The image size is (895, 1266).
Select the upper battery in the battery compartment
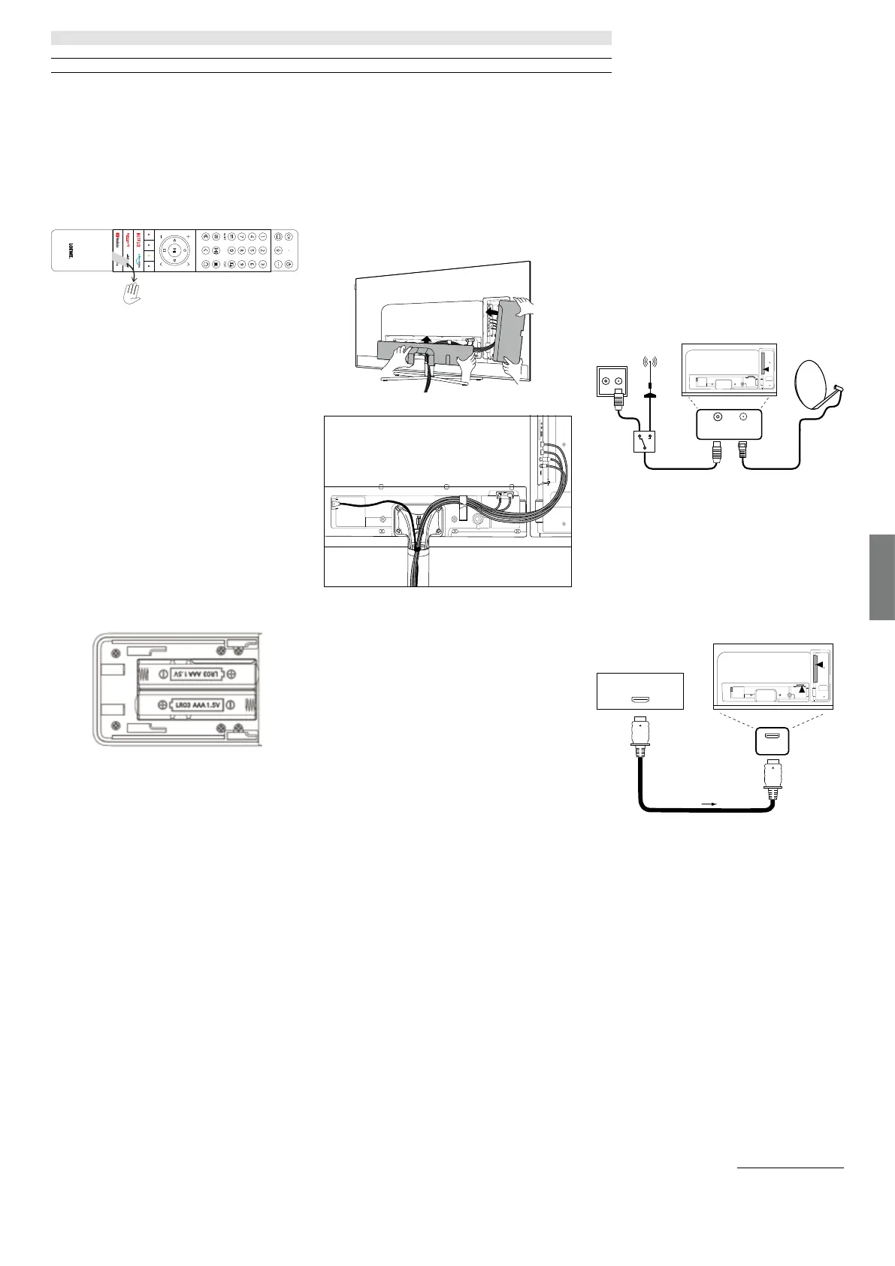click(195, 674)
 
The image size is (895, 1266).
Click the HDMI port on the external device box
click(640, 700)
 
